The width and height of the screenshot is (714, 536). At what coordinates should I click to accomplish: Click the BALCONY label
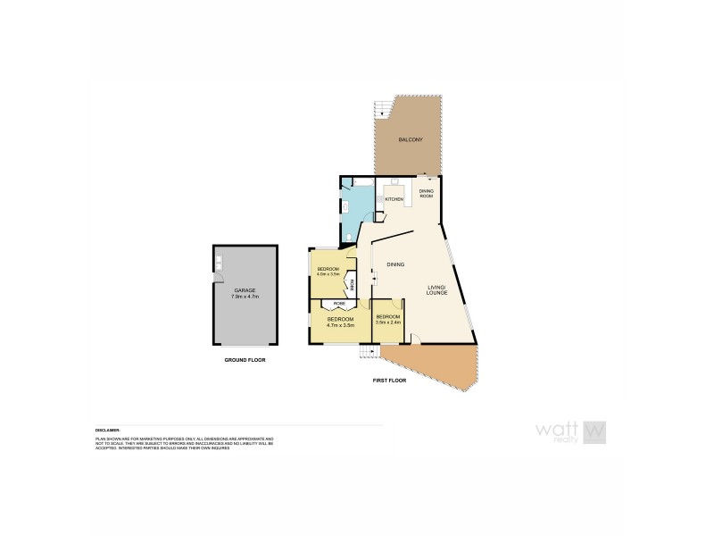click(x=411, y=141)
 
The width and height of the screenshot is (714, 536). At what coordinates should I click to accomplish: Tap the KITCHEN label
click(x=394, y=199)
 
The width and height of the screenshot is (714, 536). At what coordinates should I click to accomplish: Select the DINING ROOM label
click(x=426, y=194)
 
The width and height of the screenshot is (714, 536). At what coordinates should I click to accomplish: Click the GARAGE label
click(x=245, y=290)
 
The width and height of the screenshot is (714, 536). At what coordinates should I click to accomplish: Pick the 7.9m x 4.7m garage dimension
click(x=245, y=297)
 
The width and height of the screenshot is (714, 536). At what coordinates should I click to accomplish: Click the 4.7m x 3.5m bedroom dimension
click(x=340, y=326)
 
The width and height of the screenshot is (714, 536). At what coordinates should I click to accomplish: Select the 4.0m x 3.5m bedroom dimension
click(x=328, y=274)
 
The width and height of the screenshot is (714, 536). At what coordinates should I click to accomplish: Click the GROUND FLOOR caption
click(x=245, y=360)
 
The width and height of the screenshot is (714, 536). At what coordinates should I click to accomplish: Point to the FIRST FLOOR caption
click(x=389, y=381)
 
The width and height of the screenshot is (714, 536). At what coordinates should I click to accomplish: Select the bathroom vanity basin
click(x=344, y=204)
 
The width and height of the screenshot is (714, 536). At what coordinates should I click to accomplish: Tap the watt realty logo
click(x=571, y=431)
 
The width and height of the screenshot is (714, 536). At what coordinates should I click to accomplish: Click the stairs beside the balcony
click(x=383, y=109)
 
